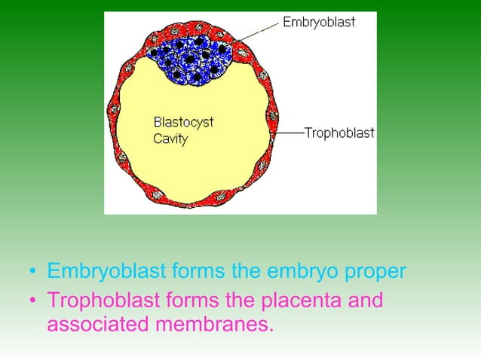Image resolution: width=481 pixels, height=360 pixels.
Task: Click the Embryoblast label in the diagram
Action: pyautogui.click(x=319, y=22)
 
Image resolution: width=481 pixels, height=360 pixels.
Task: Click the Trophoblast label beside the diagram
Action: pyautogui.click(x=339, y=133)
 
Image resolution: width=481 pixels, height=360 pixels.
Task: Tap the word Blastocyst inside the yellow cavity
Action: pyautogui.click(x=183, y=123)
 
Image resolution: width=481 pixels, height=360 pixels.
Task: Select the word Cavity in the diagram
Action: pyautogui.click(x=170, y=139)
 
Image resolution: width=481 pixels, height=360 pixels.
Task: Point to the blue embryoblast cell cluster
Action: pyautogui.click(x=190, y=57)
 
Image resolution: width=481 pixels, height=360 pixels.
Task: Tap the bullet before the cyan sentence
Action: pyautogui.click(x=32, y=271)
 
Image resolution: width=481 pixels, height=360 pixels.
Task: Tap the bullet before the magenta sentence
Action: pyautogui.click(x=32, y=303)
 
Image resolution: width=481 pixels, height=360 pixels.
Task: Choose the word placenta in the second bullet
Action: pyautogui.click(x=298, y=301)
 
